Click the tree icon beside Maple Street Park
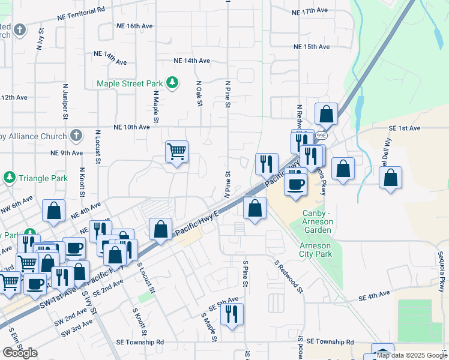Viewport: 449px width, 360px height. click(173, 83)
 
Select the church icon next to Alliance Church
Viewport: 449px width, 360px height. click(76, 136)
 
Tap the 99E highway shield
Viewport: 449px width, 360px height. click(322, 136)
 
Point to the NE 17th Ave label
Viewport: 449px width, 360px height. click(309, 11)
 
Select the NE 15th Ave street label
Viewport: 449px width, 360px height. click(312, 47)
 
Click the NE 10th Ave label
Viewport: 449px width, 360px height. click(131, 127)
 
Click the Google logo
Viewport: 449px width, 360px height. click(20, 353)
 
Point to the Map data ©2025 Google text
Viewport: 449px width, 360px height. click(411, 355)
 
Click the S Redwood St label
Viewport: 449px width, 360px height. click(289, 275)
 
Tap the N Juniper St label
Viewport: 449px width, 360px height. click(65, 100)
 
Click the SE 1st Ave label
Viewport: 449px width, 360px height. click(412, 128)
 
